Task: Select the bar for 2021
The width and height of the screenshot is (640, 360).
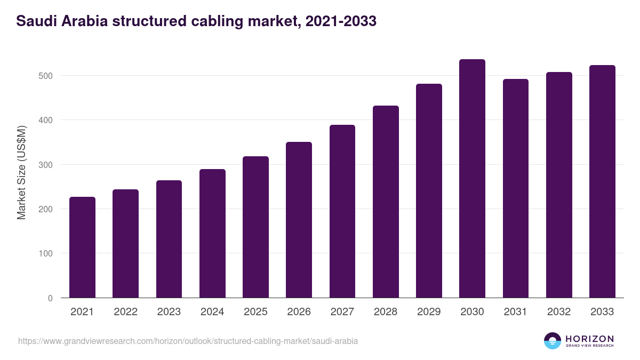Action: pos(82,247)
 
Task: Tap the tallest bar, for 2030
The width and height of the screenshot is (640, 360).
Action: pos(472,179)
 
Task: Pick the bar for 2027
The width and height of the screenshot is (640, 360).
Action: pos(342,211)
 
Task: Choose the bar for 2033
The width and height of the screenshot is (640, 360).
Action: pos(602,181)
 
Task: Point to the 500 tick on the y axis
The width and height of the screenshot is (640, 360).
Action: pos(46,76)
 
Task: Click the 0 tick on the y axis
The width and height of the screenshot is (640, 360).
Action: pos(50,298)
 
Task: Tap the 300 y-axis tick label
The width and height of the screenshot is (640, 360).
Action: pos(46,165)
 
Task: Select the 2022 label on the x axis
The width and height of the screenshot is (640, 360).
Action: pos(125,312)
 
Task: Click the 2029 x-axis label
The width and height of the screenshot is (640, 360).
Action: pos(429,312)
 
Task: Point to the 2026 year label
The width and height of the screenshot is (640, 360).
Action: pos(299,312)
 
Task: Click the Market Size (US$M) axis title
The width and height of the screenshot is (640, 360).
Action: pos(21,173)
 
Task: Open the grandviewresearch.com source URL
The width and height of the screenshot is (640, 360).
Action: pos(188,341)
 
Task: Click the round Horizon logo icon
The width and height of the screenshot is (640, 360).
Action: pos(553,341)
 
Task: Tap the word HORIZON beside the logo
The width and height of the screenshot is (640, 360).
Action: pos(589,338)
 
